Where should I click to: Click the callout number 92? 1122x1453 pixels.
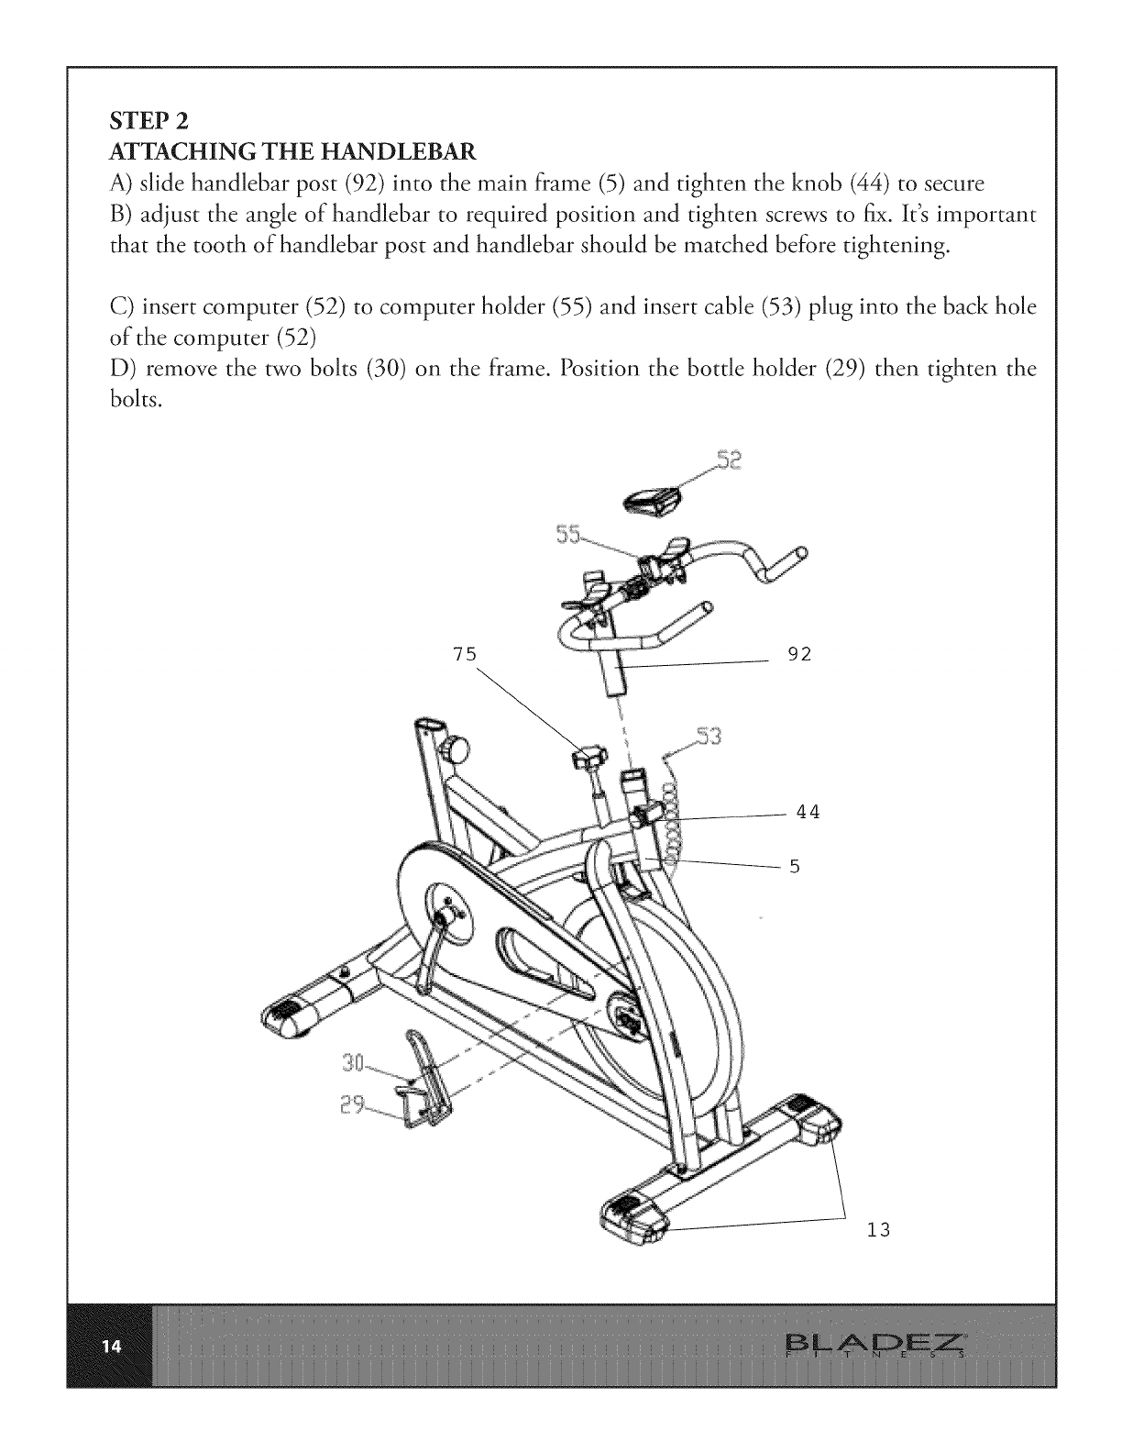click(x=800, y=655)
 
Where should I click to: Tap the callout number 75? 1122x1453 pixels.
click(x=465, y=654)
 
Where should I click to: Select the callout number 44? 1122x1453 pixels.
click(x=807, y=812)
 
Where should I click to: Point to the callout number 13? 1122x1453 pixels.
click(x=878, y=1229)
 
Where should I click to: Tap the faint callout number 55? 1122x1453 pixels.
click(x=569, y=536)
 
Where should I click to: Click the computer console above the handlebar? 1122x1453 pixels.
click(x=653, y=499)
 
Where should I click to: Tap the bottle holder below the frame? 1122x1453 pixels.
click(x=423, y=1082)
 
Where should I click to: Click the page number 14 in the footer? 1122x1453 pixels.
click(x=111, y=1347)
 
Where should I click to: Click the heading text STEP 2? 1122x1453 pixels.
click(x=148, y=120)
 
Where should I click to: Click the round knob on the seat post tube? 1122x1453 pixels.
click(x=456, y=749)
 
